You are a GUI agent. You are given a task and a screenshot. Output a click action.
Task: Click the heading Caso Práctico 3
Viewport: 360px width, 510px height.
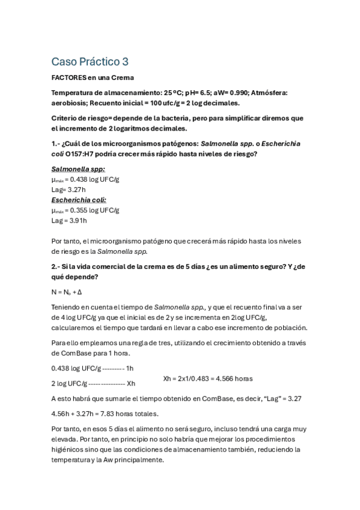point(90,61)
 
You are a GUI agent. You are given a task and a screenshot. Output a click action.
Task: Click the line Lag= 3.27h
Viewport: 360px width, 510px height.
point(69,189)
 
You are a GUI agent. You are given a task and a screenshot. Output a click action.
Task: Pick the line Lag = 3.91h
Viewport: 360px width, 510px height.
point(70,221)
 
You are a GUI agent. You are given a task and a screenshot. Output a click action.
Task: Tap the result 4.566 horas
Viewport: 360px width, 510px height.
point(234,378)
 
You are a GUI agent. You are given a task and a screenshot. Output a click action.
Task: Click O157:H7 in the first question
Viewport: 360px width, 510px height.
point(84,154)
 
